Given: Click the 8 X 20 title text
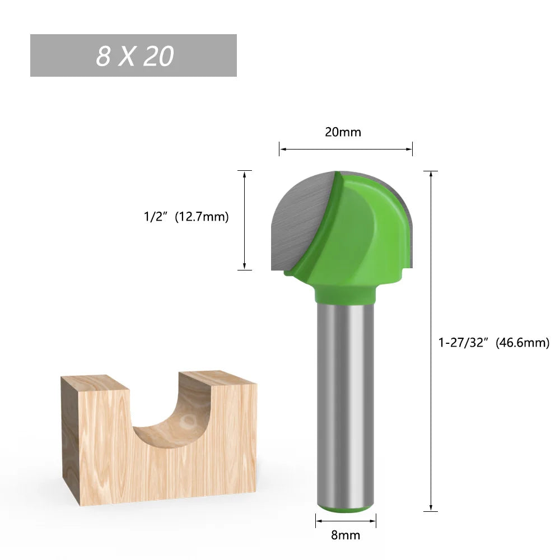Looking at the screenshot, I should (134, 56).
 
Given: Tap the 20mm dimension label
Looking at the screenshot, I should (343, 132).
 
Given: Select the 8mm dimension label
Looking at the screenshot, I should (345, 535).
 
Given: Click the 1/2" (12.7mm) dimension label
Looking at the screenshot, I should (186, 217).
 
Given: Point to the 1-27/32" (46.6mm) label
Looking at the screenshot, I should (493, 342).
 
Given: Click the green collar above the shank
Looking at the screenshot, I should (344, 292).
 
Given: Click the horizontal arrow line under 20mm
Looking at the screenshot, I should (346, 149).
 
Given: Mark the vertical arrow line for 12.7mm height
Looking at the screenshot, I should (245, 220).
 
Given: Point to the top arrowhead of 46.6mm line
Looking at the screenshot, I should (431, 174).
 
